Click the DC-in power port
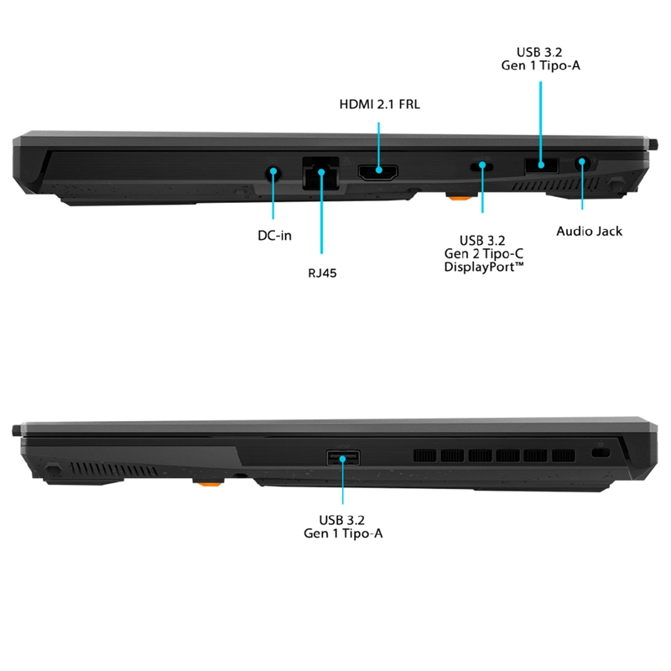point(273,174)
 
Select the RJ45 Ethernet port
point(321,173)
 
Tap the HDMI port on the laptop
point(378,173)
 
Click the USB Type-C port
point(481,166)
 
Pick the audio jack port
point(582,163)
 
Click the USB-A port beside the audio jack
point(541,165)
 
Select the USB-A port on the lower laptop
point(343,458)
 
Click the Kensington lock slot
point(600,452)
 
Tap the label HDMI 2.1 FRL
point(380,104)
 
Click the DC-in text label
point(275,236)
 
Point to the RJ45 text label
point(322,273)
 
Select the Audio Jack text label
point(589,231)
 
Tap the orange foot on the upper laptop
point(460,197)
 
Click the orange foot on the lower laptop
point(208,484)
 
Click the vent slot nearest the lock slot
point(563,455)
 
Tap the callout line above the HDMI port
point(379,146)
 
